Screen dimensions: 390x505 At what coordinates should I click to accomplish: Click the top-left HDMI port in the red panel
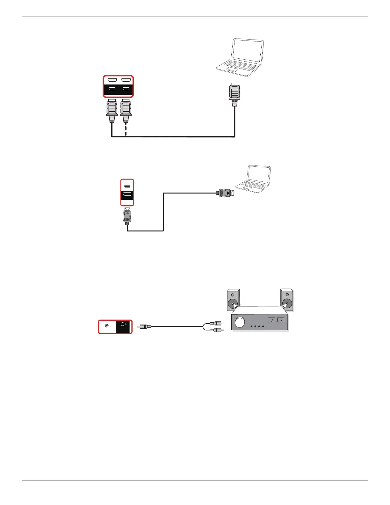click(112, 80)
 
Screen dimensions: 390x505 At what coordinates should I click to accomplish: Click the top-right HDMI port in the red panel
click(126, 80)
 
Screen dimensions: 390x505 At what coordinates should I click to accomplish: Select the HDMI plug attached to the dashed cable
click(126, 111)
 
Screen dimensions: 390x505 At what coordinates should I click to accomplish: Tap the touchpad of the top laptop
click(232, 69)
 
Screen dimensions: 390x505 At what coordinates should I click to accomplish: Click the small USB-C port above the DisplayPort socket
click(127, 186)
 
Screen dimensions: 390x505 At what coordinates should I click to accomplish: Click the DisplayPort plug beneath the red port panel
click(127, 216)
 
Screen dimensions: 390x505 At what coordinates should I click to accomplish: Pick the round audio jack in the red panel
click(107, 326)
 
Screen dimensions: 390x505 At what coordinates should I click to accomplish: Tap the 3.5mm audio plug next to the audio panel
click(145, 326)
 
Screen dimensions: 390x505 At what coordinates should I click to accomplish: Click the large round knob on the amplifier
click(240, 323)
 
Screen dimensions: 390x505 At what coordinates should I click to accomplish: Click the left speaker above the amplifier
click(233, 300)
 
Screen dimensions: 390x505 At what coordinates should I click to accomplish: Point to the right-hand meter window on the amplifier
click(281, 320)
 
